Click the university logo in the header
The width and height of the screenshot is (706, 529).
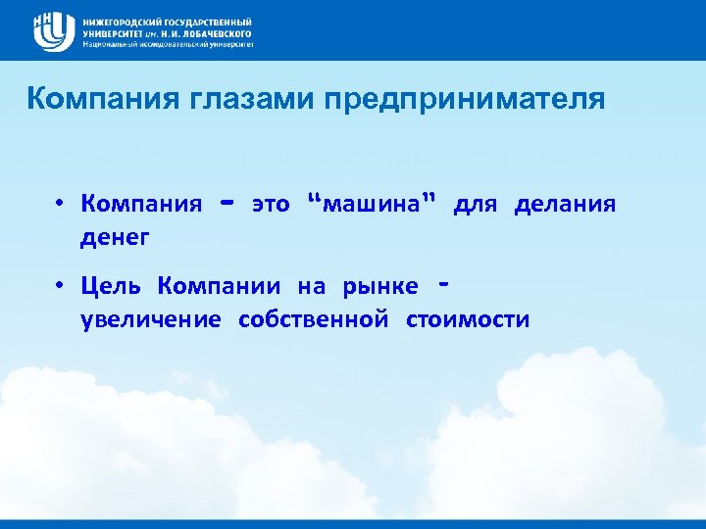[x=54, y=30]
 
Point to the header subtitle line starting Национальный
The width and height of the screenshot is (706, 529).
[x=168, y=44]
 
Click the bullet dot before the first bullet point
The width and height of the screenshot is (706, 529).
[x=60, y=204]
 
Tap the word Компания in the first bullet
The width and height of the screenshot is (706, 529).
[x=141, y=204]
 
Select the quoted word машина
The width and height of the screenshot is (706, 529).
[x=372, y=204]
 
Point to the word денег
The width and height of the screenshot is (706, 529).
[x=116, y=236]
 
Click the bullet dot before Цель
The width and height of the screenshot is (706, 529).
[x=60, y=287]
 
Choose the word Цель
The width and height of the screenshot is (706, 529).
[x=113, y=287]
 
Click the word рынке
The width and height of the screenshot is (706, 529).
[x=379, y=287]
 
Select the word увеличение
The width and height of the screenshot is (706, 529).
[x=150, y=319]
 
